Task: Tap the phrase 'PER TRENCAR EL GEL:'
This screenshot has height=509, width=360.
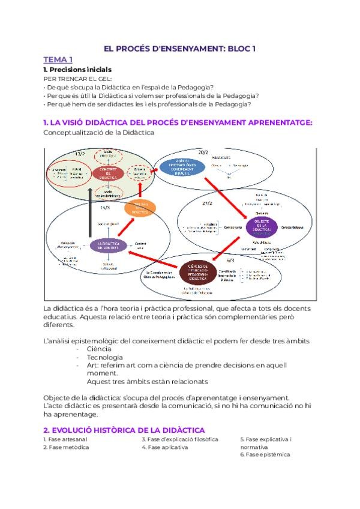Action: click(78, 79)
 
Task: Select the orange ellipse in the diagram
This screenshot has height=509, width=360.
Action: click(139, 208)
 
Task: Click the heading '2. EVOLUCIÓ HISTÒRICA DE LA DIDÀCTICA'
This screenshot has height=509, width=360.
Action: click(124, 430)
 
